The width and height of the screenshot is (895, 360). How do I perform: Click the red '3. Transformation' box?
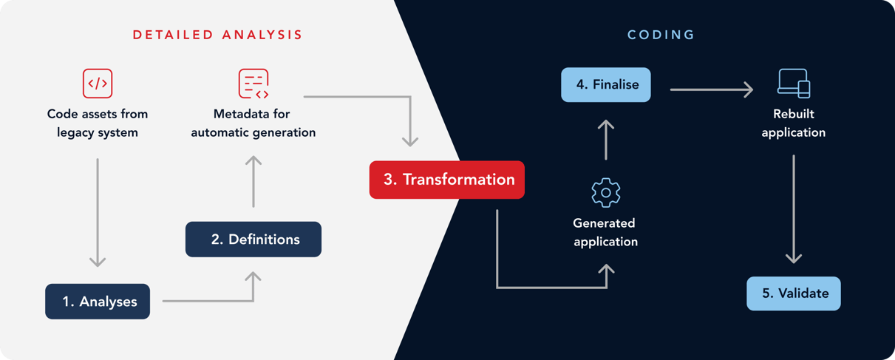pos(446,180)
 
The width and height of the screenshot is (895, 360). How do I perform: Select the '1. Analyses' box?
pos(98,302)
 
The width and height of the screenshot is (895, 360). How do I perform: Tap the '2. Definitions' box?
pos(253,240)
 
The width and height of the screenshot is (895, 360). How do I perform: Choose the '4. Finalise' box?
pos(606,85)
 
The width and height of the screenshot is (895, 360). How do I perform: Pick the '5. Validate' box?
pos(794,293)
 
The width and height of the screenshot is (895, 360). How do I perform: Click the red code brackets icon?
pos(98,83)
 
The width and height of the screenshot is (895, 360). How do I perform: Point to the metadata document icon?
pos(253,83)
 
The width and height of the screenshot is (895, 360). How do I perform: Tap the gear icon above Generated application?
pos(606,193)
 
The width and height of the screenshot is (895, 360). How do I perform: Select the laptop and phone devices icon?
pos(794,83)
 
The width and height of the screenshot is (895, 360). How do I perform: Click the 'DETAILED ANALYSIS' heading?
pos(217,35)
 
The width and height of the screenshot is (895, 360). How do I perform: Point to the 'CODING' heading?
pos(661,35)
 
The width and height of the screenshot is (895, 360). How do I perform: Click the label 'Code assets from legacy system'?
pos(98,123)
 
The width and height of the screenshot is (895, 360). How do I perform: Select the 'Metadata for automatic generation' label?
pos(253,123)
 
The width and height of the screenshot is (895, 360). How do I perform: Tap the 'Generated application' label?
pos(605,232)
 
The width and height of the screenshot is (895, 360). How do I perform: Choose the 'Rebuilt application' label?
pos(794,123)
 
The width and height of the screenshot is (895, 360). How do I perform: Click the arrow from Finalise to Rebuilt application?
pos(712,89)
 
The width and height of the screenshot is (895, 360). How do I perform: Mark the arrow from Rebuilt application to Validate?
pos(794,209)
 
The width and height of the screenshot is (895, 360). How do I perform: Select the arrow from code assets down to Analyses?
pos(98,213)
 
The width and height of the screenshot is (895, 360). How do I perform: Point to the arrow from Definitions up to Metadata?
pos(253,181)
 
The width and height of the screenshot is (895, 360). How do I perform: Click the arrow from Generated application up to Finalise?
pos(606,140)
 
